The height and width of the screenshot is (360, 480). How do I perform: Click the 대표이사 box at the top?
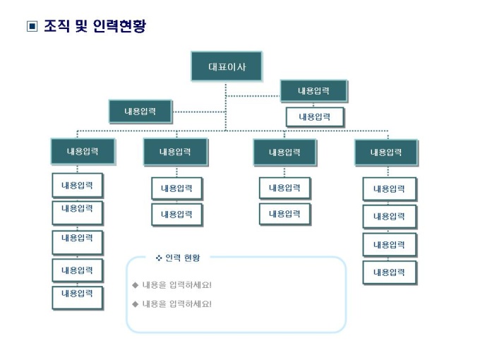(226, 66)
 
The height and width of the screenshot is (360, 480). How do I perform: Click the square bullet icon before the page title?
(31, 28)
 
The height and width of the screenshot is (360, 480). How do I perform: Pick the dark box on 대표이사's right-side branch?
(313, 91)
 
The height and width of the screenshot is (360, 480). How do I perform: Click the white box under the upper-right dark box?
(315, 116)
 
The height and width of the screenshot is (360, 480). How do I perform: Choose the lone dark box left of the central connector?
(140, 112)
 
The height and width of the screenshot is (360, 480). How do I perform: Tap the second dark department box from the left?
(175, 152)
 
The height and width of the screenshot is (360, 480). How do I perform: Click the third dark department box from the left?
(284, 152)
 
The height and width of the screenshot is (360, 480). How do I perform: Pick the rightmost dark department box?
(385, 152)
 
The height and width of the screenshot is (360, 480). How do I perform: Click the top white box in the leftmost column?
(77, 186)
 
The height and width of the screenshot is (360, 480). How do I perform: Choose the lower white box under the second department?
(176, 215)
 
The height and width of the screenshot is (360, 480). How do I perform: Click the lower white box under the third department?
(284, 213)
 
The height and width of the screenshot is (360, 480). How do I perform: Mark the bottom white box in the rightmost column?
(389, 272)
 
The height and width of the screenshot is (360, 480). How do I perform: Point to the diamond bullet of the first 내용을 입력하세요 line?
(135, 285)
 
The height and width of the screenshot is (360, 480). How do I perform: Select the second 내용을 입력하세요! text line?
(176, 304)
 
